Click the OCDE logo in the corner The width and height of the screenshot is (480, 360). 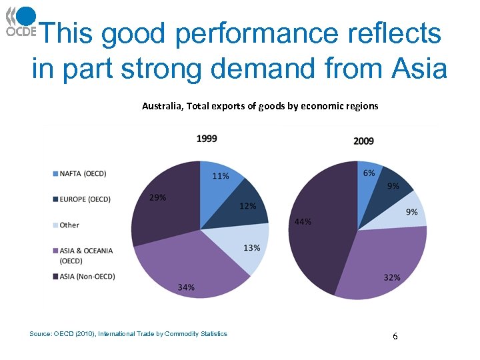(21, 21)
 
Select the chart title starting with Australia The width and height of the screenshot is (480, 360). (260, 106)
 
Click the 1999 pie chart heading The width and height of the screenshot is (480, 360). (207, 139)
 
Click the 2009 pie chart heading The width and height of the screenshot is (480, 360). (363, 141)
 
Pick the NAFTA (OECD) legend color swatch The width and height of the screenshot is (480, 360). (55, 174)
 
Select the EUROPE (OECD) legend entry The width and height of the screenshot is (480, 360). (85, 199)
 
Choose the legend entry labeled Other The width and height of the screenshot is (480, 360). (69, 225)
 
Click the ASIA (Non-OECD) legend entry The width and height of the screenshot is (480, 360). (87, 276)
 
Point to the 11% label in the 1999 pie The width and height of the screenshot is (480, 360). (221, 176)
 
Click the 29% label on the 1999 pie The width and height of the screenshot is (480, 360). (158, 197)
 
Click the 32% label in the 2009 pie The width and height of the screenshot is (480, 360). (392, 277)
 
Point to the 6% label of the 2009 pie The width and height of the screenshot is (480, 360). (369, 173)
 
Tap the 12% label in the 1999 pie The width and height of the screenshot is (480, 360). (248, 206)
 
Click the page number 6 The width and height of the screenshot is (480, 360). (395, 337)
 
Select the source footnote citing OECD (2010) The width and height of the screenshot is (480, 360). (129, 334)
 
